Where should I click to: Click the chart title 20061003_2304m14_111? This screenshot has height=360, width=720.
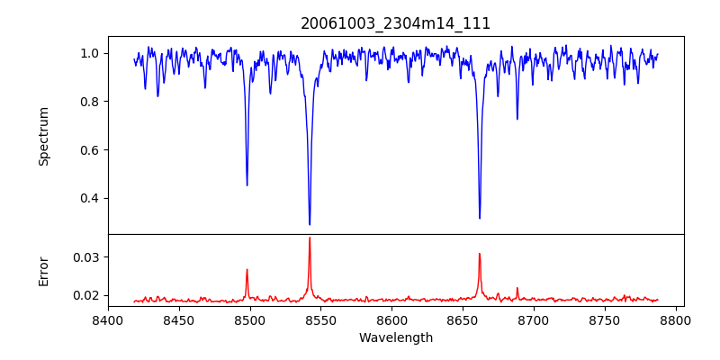click(x=395, y=23)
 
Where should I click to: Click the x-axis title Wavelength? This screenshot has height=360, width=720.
click(x=395, y=338)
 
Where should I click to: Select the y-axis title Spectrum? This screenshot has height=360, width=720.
click(x=44, y=136)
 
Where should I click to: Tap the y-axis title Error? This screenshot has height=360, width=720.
click(x=44, y=271)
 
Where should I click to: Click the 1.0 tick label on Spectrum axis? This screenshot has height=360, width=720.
click(x=89, y=53)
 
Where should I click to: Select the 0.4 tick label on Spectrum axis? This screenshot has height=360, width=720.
click(x=89, y=198)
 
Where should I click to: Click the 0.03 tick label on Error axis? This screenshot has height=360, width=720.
click(x=85, y=257)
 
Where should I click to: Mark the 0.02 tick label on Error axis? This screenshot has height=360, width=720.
click(x=85, y=295)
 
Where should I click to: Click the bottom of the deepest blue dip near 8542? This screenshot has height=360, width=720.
click(x=310, y=224)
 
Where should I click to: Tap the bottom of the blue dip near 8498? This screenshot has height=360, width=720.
click(x=247, y=185)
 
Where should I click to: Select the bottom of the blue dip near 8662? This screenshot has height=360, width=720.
click(x=480, y=218)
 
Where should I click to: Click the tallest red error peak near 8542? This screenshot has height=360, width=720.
click(x=310, y=238)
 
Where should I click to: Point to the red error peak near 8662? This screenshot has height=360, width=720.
click(x=480, y=254)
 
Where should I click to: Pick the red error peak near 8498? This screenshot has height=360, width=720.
click(x=247, y=269)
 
